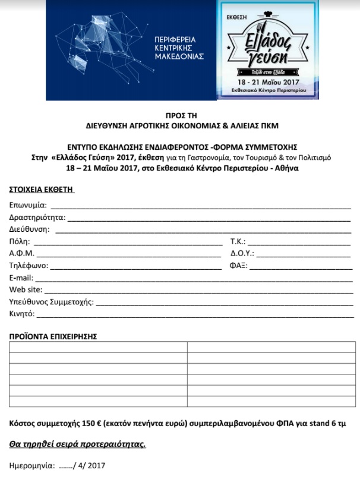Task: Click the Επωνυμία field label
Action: click(28, 206)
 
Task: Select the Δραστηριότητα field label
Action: click(37, 218)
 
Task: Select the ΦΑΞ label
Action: click(238, 266)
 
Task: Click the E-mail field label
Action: click(23, 278)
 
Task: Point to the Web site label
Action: click(26, 290)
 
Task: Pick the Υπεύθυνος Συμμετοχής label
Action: click(51, 302)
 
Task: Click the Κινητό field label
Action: click(22, 314)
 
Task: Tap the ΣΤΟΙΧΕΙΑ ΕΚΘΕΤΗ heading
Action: click(42, 190)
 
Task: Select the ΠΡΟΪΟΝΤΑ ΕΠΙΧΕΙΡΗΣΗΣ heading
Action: click(53, 336)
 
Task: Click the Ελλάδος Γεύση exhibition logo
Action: click(268, 50)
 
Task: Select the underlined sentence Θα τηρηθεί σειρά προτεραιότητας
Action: click(78, 444)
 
